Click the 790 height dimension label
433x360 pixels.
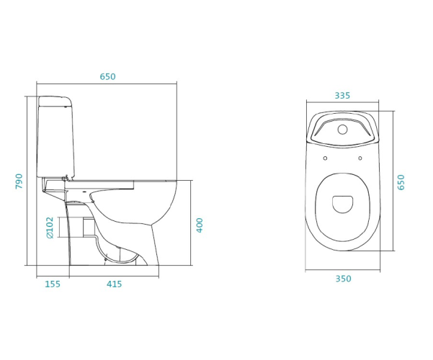click(x=19, y=181)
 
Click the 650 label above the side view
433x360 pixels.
click(x=107, y=76)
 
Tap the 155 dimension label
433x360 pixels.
click(x=53, y=284)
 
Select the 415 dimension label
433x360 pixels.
click(x=114, y=284)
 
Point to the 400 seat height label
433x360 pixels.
click(x=200, y=225)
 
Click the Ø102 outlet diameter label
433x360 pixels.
click(x=50, y=228)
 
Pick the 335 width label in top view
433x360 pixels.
click(x=342, y=96)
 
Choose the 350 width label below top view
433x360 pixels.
click(x=343, y=279)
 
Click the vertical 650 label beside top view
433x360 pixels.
click(x=401, y=182)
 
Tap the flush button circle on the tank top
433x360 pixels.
click(x=342, y=129)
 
